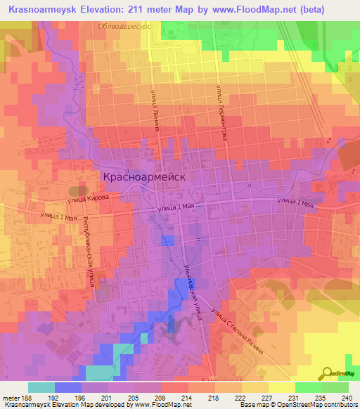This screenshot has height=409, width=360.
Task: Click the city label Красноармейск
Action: click(x=144, y=177)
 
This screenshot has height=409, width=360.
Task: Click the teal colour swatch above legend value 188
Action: click(x=41, y=387)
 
